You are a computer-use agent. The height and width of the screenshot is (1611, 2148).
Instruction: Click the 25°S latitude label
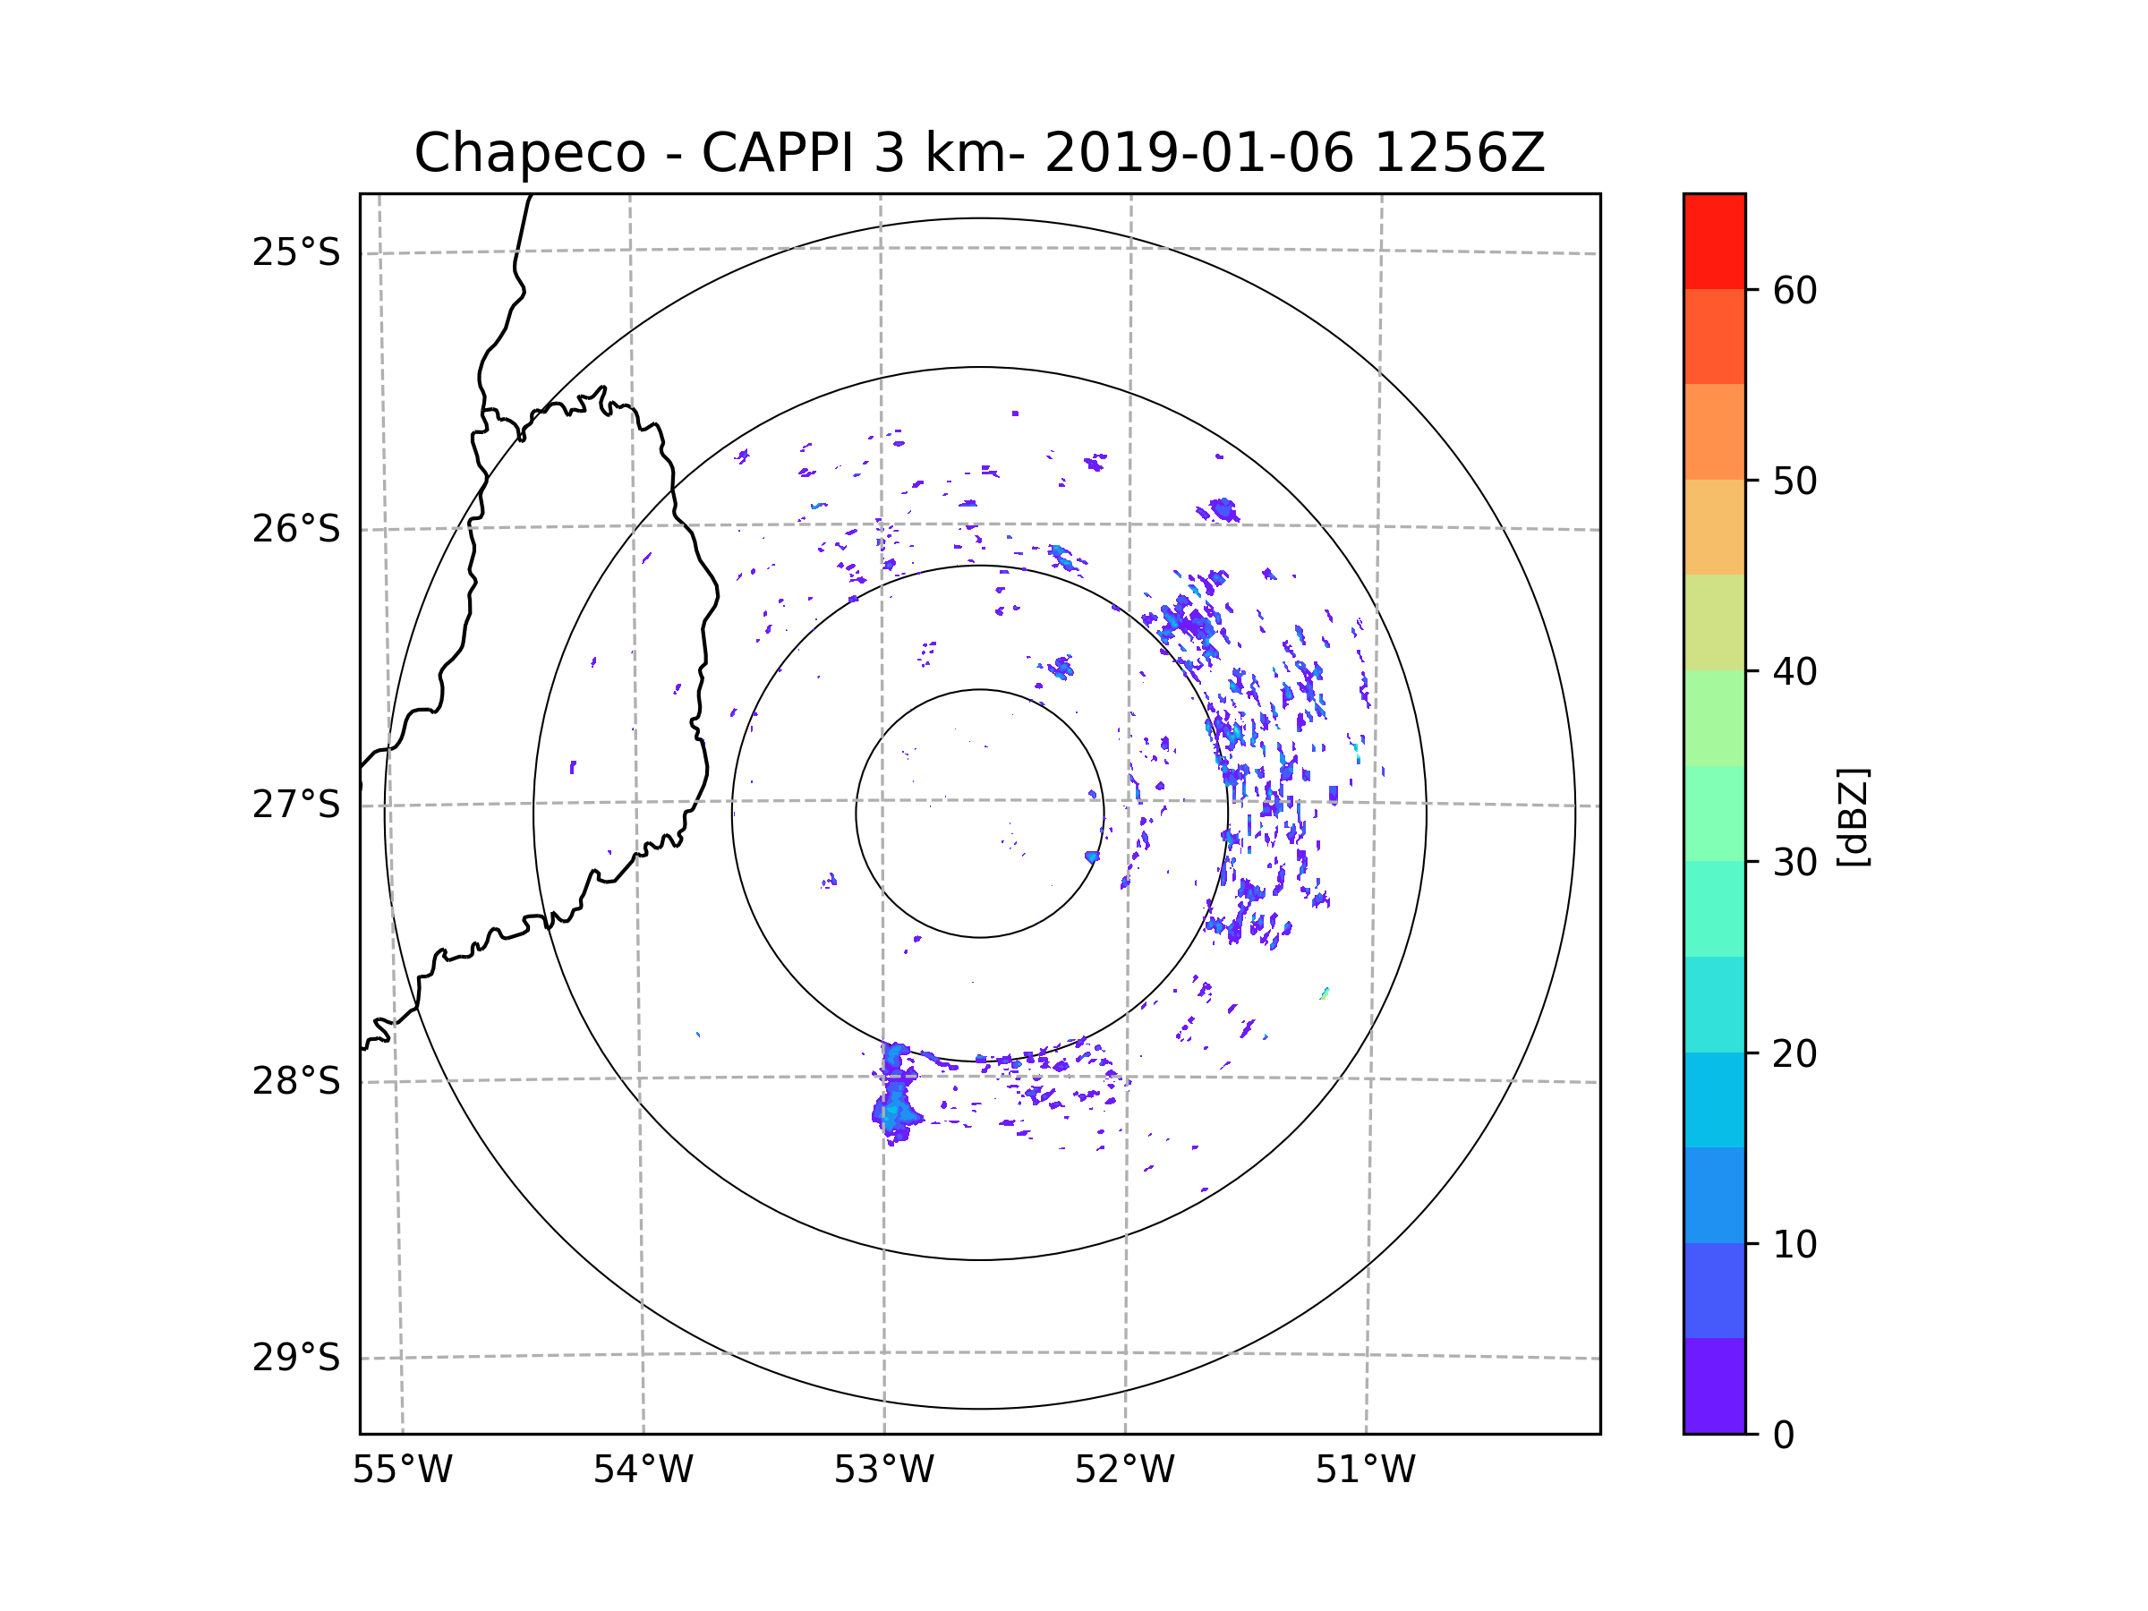[x=296, y=252]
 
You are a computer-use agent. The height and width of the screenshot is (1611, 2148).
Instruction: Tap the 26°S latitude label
[x=296, y=529]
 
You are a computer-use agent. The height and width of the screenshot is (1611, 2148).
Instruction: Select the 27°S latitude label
[x=296, y=805]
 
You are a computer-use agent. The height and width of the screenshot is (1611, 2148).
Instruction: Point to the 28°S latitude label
[x=296, y=1081]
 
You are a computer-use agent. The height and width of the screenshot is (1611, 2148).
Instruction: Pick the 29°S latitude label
[x=296, y=1358]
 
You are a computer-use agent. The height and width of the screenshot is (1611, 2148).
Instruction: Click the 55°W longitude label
[x=402, y=1470]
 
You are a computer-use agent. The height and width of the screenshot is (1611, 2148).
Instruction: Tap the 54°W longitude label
[x=643, y=1470]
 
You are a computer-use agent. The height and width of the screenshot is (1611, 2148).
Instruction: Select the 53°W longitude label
[x=883, y=1470]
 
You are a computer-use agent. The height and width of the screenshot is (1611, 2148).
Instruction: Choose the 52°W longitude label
[x=1124, y=1470]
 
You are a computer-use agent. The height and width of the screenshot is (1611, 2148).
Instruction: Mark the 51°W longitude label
[x=1365, y=1470]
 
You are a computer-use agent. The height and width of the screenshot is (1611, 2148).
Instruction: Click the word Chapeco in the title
[x=529, y=153]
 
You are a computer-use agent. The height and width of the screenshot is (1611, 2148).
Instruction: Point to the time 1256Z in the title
[x=1459, y=153]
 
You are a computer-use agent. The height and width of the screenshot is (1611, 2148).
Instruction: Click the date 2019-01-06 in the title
[x=1198, y=153]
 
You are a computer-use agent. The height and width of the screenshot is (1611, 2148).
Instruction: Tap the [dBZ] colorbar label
[x=1853, y=816]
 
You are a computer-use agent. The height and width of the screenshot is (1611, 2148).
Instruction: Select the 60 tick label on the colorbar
[x=1794, y=290]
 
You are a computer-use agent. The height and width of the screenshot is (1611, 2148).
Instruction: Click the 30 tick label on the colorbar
[x=1794, y=862]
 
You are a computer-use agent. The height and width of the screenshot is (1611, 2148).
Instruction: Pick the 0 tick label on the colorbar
[x=1784, y=1436]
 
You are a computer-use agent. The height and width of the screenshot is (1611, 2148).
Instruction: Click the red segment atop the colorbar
[x=1714, y=241]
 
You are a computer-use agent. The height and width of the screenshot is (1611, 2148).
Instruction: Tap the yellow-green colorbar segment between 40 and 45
[x=1714, y=622]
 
